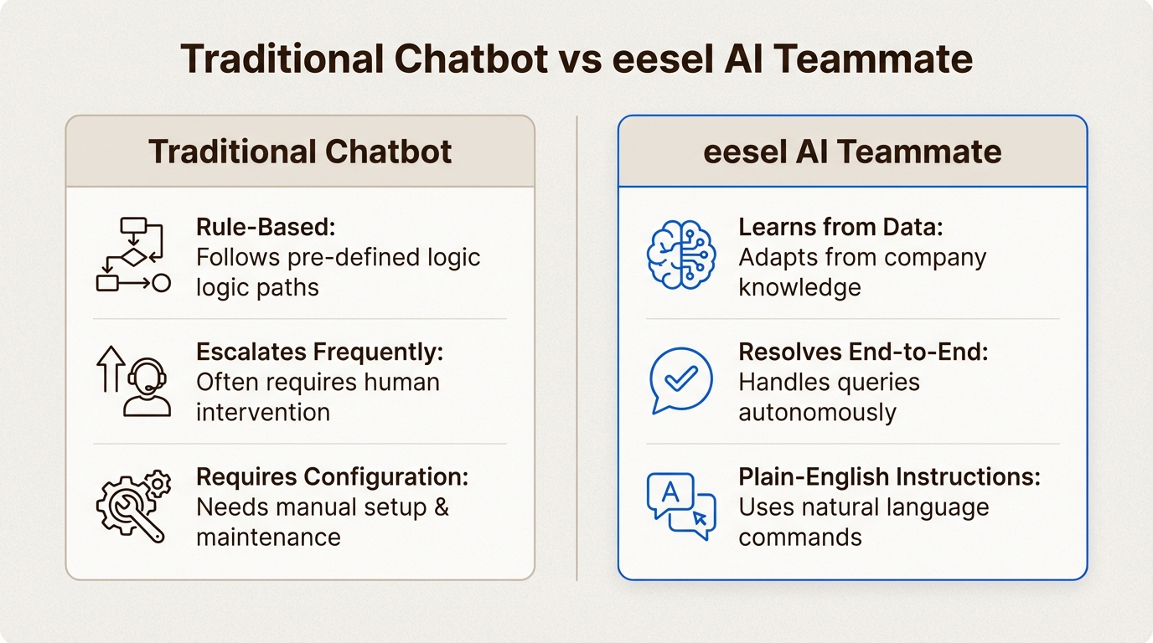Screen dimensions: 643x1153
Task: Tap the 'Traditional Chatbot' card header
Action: pos(300,152)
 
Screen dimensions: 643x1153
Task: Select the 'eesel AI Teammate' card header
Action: pos(852,152)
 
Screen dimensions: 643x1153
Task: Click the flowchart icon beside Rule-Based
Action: pos(133,255)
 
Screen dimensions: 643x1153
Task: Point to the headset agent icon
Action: pos(146,387)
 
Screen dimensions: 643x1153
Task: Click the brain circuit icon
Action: pos(681,255)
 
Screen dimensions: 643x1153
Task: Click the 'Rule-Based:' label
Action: pos(265,228)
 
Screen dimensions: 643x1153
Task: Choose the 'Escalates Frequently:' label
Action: pos(319,352)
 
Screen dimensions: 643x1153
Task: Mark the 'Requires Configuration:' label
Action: pos(332,477)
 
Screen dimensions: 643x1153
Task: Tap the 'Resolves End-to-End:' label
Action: pos(863,352)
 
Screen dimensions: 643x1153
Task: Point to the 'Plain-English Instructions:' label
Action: pos(889,477)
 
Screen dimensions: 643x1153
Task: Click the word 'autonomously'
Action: pos(817,413)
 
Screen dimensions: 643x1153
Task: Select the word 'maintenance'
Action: pos(268,537)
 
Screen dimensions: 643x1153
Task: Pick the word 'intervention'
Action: pos(263,412)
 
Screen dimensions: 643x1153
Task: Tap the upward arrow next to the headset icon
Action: pos(111,369)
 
